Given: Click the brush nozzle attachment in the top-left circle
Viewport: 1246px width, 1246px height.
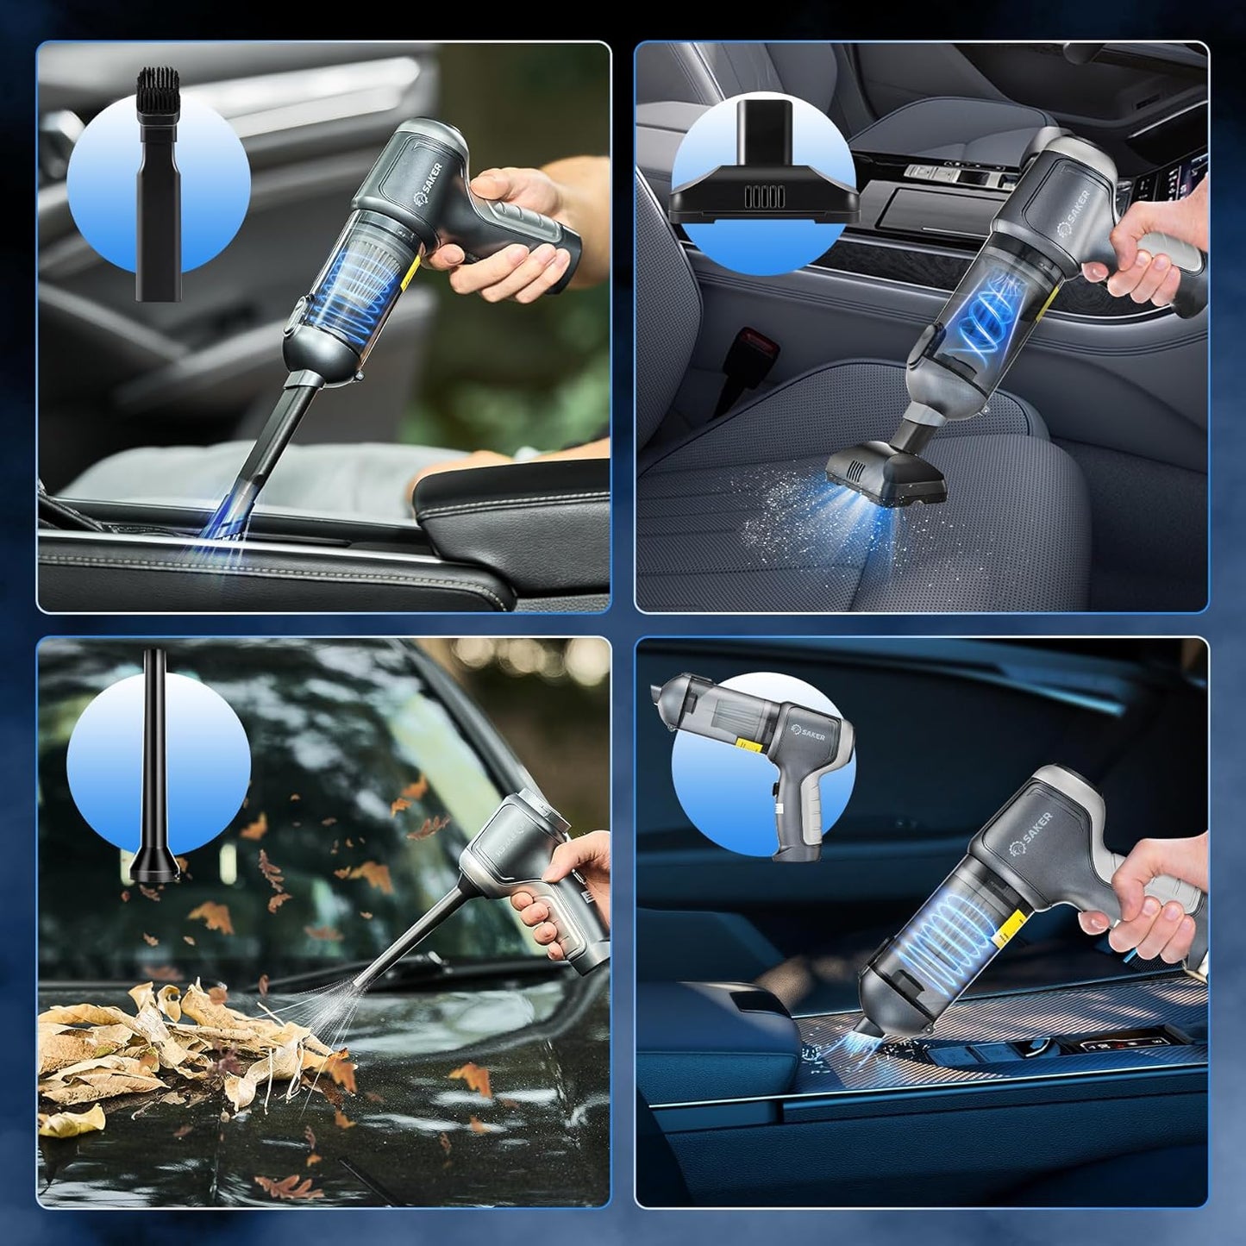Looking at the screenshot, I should [x=158, y=198].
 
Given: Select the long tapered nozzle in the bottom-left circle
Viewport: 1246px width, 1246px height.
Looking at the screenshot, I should [x=156, y=767].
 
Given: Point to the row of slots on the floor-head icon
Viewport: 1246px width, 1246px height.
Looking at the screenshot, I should [x=765, y=197].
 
